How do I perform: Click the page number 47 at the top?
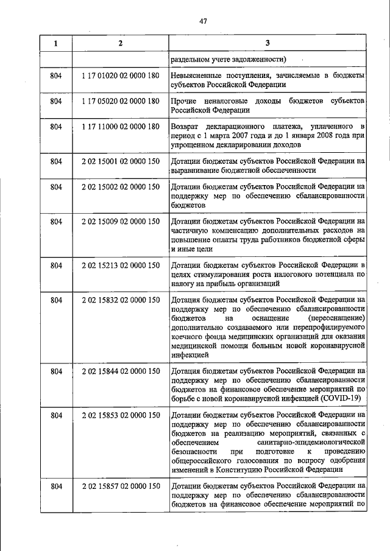pos(204,21)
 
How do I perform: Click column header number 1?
pos(56,43)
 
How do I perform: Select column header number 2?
pos(119,43)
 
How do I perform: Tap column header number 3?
pos(268,43)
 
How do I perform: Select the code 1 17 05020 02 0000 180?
pos(120,100)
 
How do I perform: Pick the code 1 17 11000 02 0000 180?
pos(120,126)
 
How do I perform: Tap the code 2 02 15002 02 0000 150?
pos(120,186)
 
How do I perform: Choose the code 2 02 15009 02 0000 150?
pos(120,221)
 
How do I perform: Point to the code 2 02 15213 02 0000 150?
pos(120,265)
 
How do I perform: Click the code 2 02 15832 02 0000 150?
pos(120,300)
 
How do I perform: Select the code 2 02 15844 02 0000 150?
pos(120,371)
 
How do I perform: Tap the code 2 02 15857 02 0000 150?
pos(120,486)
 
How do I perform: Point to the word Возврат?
pos(185,126)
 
